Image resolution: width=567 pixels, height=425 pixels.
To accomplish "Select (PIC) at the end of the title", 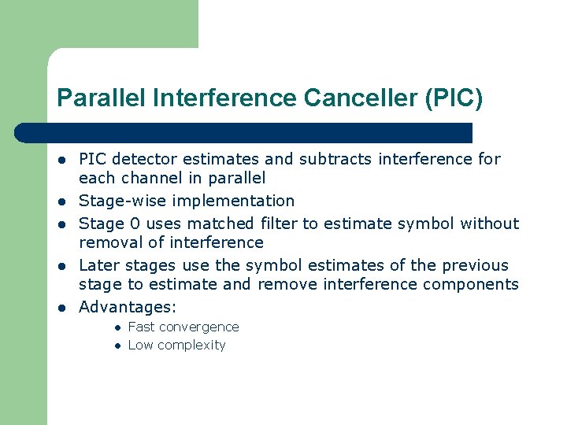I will click(453, 98).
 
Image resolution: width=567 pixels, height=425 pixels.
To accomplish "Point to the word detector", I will click(147, 159).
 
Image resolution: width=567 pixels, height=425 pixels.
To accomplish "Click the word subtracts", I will click(336, 159).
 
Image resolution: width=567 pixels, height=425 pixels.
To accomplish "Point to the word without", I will click(489, 224).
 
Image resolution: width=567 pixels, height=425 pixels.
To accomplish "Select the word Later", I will click(98, 265).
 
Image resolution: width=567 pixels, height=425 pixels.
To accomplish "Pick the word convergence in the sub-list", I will click(202, 327).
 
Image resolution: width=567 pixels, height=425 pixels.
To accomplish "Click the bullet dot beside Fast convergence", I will click(115, 327).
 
